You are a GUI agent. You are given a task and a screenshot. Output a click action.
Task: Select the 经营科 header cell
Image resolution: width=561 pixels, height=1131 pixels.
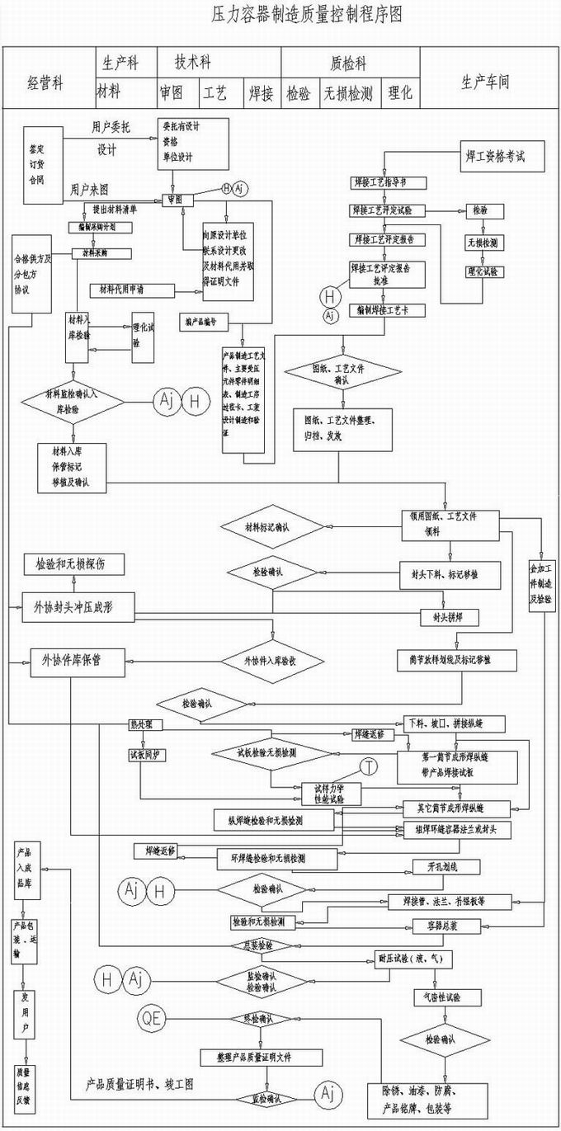click(x=46, y=83)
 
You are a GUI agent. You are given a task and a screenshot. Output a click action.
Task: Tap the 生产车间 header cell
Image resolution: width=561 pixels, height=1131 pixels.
click(x=485, y=82)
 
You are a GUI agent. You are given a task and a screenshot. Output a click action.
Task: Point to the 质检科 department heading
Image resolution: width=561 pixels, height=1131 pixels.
click(x=348, y=64)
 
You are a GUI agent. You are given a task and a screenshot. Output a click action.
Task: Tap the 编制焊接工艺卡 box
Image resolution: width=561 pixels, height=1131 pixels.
click(x=384, y=311)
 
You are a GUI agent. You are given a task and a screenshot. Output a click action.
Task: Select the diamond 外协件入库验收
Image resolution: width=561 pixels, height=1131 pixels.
click(x=270, y=661)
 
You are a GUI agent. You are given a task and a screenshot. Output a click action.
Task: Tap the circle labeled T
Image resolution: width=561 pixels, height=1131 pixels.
click(x=369, y=767)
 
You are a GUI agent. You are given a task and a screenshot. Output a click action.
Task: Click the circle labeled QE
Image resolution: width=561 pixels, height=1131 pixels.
click(x=153, y=1018)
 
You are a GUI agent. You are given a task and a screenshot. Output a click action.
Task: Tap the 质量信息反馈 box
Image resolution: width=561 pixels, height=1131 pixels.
click(x=26, y=1083)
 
